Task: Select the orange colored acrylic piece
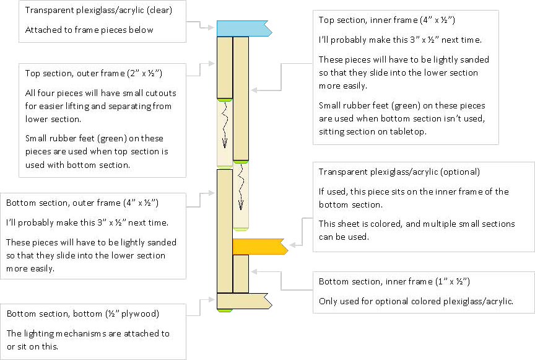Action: (x=258, y=246)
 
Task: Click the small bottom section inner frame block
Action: (x=240, y=273)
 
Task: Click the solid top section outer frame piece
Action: (x=224, y=67)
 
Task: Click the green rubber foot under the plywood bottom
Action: (x=224, y=310)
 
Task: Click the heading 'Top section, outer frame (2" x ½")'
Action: (x=94, y=73)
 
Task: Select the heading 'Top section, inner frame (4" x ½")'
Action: (x=387, y=20)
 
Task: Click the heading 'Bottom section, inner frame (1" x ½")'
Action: (x=394, y=281)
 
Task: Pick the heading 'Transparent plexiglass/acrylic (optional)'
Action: (x=399, y=172)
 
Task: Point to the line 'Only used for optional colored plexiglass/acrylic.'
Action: (x=417, y=301)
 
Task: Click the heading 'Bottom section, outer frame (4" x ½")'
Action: (x=80, y=203)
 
